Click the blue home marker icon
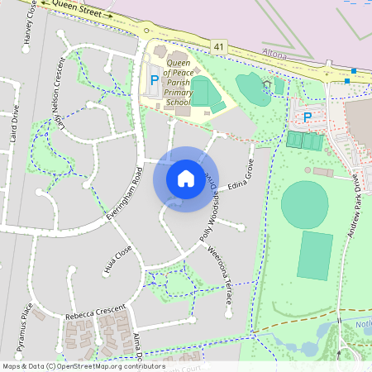click(x=186, y=179)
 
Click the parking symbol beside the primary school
click(x=154, y=82)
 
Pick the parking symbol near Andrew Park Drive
click(x=308, y=117)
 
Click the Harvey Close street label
click(x=31, y=22)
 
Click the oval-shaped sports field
click(x=304, y=204)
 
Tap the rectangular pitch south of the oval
click(x=314, y=255)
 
